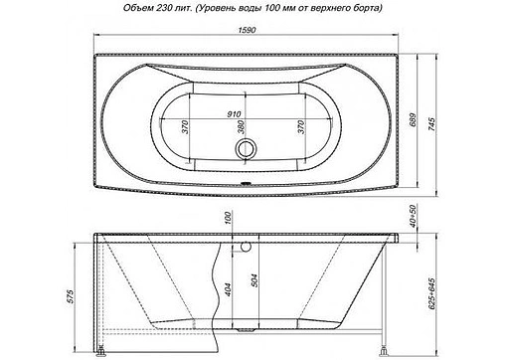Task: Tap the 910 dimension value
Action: tap(236, 113)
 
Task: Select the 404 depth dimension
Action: tap(230, 290)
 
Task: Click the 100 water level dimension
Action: tap(229, 218)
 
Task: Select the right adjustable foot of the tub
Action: tap(383, 349)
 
